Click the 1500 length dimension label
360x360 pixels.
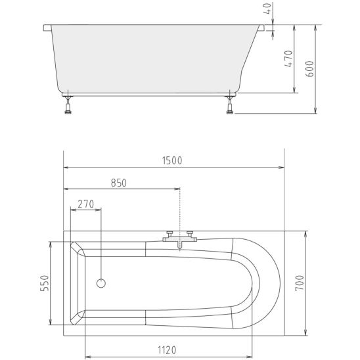(172, 160)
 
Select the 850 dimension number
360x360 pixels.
(119, 183)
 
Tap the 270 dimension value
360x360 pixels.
(86, 204)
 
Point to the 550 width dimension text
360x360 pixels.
(45, 283)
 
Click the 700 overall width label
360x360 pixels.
(300, 283)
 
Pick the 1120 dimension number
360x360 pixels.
(167, 350)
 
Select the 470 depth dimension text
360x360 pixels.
(288, 58)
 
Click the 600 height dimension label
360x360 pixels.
(309, 69)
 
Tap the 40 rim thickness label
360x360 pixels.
(268, 9)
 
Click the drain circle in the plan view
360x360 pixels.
(101, 283)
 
